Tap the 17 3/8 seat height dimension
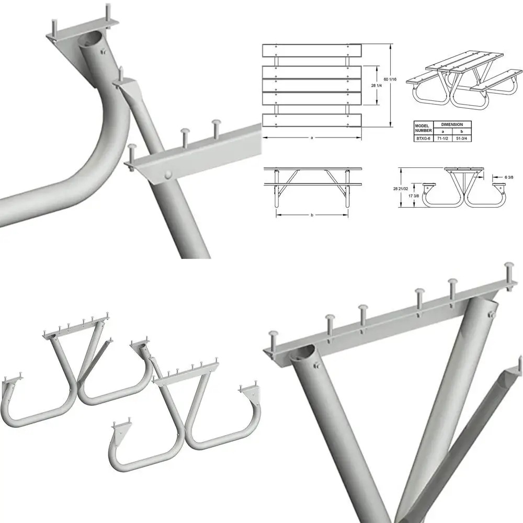click(x=414, y=195)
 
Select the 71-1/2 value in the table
click(x=441, y=139)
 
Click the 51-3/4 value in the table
click(x=461, y=139)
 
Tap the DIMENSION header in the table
click(x=451, y=124)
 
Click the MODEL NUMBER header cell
click(x=423, y=128)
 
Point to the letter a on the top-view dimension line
click(x=312, y=138)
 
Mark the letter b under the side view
click(x=312, y=215)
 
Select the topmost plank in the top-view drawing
click(x=312, y=51)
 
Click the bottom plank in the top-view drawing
click(x=312, y=120)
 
